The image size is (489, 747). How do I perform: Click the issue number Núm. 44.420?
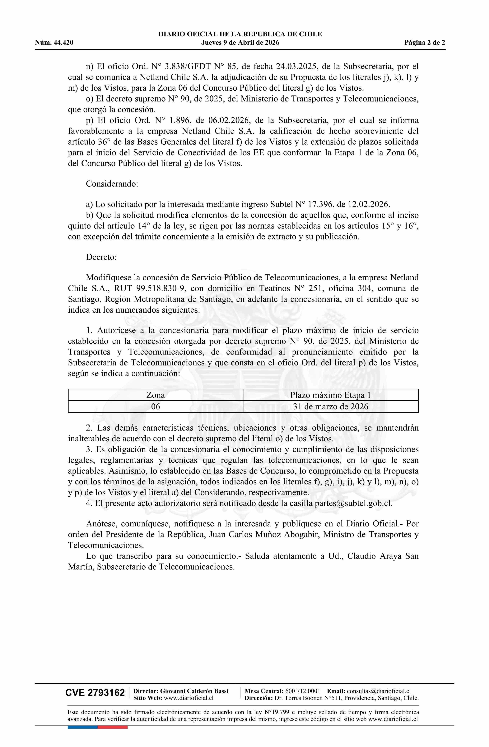pyautogui.click(x=54, y=43)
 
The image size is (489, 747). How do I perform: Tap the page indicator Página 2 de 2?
pyautogui.click(x=425, y=43)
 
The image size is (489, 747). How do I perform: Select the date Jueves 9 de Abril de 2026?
pyautogui.click(x=240, y=43)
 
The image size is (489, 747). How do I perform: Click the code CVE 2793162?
pyautogui.click(x=95, y=693)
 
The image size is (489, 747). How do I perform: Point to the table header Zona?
pyautogui.click(x=156, y=395)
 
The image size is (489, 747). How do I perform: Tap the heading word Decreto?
pyautogui.click(x=101, y=257)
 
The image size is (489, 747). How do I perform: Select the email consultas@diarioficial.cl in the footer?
pyautogui.click(x=379, y=691)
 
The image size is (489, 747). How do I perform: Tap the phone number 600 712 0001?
pyautogui.click(x=303, y=691)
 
